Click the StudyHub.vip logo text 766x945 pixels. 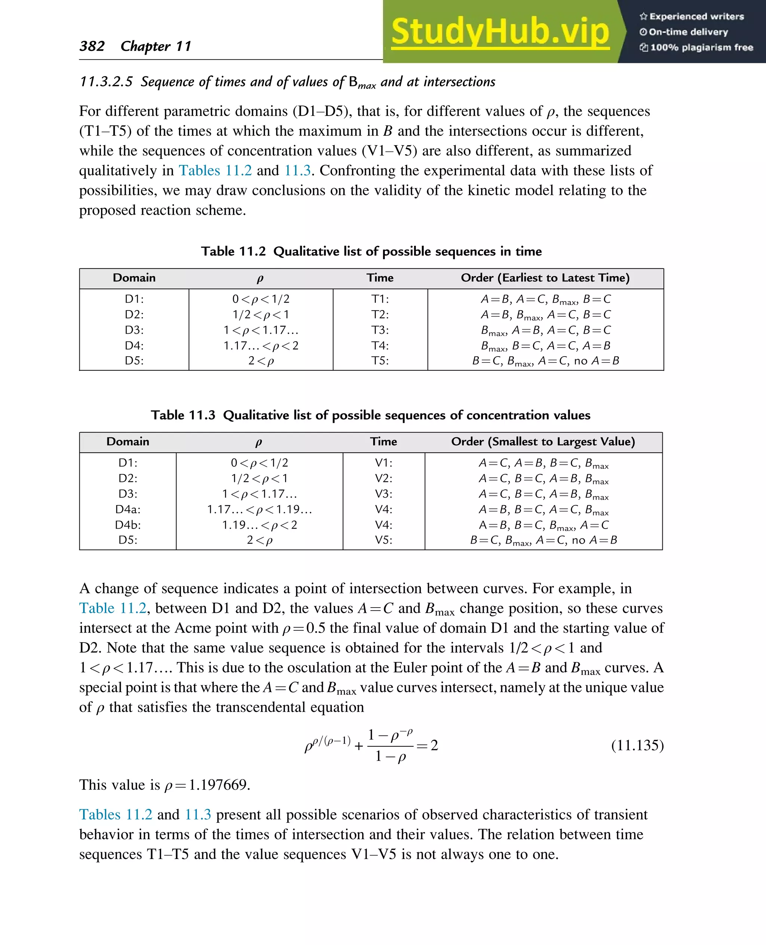[500, 32]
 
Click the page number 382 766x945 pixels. [92, 46]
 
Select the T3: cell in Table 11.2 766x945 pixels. [380, 330]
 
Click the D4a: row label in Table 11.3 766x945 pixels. [128, 510]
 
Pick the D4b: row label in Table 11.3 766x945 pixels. [128, 525]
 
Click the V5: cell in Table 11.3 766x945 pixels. [383, 540]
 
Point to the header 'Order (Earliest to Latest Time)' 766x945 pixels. [545, 278]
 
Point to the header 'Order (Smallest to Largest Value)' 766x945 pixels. [543, 442]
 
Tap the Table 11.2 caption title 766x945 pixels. [371, 251]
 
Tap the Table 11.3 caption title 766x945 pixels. [370, 415]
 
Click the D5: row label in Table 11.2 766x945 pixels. [134, 361]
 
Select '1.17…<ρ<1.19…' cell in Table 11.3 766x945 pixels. [260, 510]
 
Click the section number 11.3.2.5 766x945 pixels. [106, 82]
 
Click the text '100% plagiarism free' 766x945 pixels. [701, 48]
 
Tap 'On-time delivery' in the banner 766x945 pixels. [688, 32]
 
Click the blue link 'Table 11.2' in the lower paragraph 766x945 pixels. [113, 608]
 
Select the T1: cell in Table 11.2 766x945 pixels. [380, 299]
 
